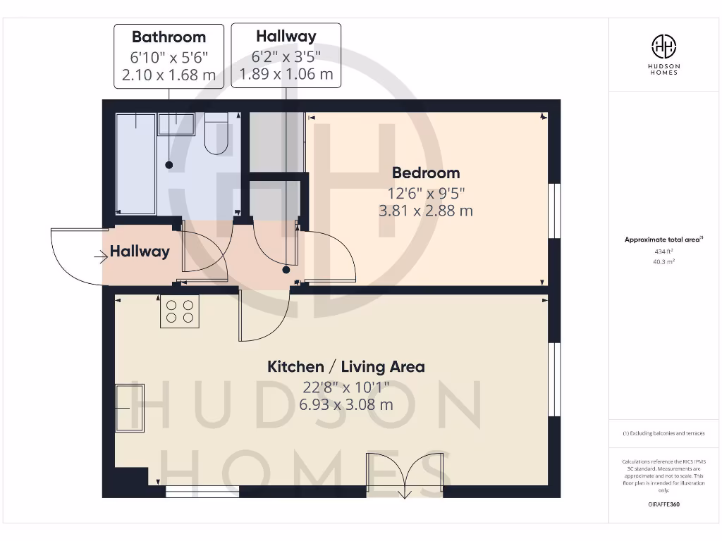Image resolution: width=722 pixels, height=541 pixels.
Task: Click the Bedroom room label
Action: (425, 173)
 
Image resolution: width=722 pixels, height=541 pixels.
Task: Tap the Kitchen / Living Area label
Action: (345, 366)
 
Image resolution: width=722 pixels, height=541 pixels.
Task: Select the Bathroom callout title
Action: (169, 37)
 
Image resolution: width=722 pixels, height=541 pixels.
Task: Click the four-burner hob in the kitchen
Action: (180, 311)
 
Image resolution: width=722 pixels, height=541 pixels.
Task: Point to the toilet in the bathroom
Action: (216, 135)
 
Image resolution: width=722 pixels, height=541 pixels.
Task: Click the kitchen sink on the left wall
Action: (130, 408)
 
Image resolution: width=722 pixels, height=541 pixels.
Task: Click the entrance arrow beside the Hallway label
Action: (99, 257)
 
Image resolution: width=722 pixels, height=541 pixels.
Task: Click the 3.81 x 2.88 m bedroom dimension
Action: (425, 210)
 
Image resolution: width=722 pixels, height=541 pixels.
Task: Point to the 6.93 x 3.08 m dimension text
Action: (345, 404)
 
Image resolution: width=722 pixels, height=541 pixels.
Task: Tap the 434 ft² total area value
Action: (663, 251)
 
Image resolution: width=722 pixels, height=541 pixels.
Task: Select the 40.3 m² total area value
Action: (663, 261)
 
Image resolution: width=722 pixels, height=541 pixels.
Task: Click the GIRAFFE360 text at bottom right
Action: (663, 504)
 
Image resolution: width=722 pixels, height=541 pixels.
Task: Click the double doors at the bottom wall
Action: (405, 475)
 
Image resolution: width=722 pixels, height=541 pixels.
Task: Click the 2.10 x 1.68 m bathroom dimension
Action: (169, 75)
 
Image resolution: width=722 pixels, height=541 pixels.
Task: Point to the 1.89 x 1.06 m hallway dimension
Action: (286, 73)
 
